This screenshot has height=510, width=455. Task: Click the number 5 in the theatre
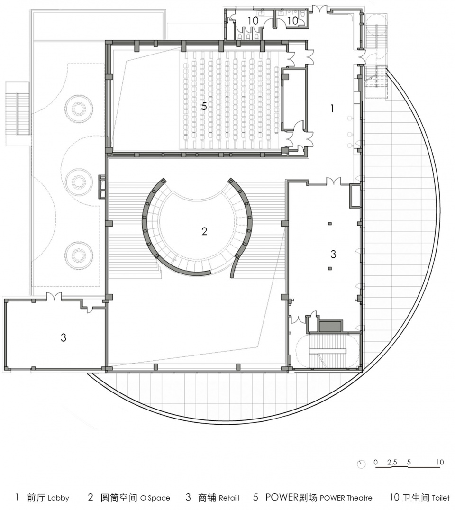pos(204,106)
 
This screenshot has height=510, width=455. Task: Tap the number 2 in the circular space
pos(204,231)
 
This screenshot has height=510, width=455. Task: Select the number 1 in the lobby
pos(332,109)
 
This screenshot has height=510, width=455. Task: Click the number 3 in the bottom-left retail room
pos(64,337)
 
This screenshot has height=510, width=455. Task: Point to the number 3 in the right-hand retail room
pos(333,254)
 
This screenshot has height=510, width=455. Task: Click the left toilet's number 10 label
pos(253,21)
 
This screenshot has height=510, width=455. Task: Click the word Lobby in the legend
pos(59,498)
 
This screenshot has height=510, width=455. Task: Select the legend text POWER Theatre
pos(346,498)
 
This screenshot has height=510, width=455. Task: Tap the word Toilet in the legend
pos(441,498)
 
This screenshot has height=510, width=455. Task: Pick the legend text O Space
pos(155,498)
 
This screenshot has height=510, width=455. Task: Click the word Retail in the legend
pos(229,498)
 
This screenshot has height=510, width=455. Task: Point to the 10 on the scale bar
pos(440,462)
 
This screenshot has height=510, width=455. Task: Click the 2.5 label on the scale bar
pos(392,462)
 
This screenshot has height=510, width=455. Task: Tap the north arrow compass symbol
pos(361,464)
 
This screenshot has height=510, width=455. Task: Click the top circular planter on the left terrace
pos(78,108)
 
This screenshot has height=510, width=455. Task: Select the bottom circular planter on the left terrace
pos(78,255)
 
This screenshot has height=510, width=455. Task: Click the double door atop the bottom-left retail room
pos(54,297)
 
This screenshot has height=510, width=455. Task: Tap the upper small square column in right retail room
pos(330,224)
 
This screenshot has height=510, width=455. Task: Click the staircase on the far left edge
pos(17,113)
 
